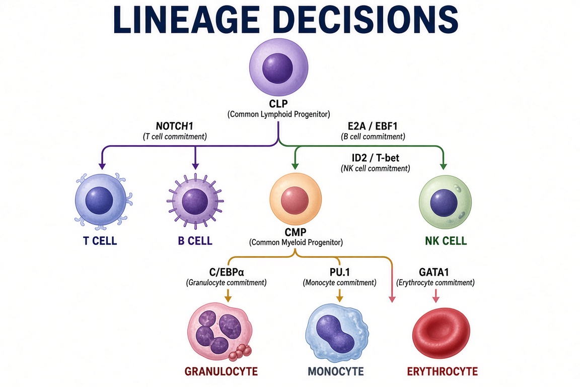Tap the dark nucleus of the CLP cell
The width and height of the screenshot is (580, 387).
tap(277, 68)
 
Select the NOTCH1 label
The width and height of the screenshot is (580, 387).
tap(175, 126)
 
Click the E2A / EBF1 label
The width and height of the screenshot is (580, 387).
tap(373, 126)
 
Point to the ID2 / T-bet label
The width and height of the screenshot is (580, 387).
tap(375, 158)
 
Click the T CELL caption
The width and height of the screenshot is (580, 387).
tap(100, 241)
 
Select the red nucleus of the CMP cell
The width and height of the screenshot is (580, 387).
tap(295, 201)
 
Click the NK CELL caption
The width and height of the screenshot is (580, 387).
tap(446, 241)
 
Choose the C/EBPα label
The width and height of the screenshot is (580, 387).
tap(227, 272)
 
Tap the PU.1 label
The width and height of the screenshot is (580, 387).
tap(339, 272)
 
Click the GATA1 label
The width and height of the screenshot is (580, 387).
tap(433, 272)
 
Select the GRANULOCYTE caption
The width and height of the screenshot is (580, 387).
tap(221, 371)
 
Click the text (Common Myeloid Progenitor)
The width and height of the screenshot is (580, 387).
tap(296, 242)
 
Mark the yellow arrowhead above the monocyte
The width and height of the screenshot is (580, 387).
tap(339, 298)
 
